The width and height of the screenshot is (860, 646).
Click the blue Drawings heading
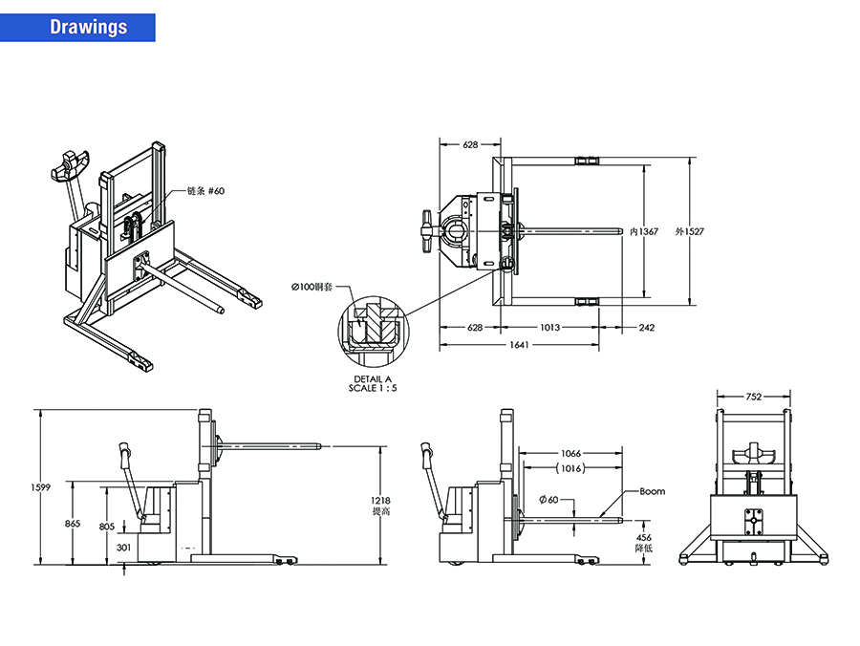coord(88,27)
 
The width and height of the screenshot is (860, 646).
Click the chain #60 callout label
coord(205,192)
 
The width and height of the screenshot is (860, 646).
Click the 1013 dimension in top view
coord(549,327)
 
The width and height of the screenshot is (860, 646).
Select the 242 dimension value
coord(646,327)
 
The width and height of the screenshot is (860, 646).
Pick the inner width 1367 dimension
coord(643,231)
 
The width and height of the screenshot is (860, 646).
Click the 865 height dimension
coord(74,524)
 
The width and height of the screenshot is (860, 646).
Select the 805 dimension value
coord(106,528)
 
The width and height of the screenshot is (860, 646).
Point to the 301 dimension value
coord(123,548)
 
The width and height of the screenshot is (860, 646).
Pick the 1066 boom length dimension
coord(571,453)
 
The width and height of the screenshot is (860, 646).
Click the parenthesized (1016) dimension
coord(570,468)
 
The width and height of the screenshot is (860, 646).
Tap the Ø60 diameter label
coord(548,500)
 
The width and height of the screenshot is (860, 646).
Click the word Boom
coord(653,492)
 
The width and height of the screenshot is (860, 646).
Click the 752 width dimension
coord(753,397)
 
